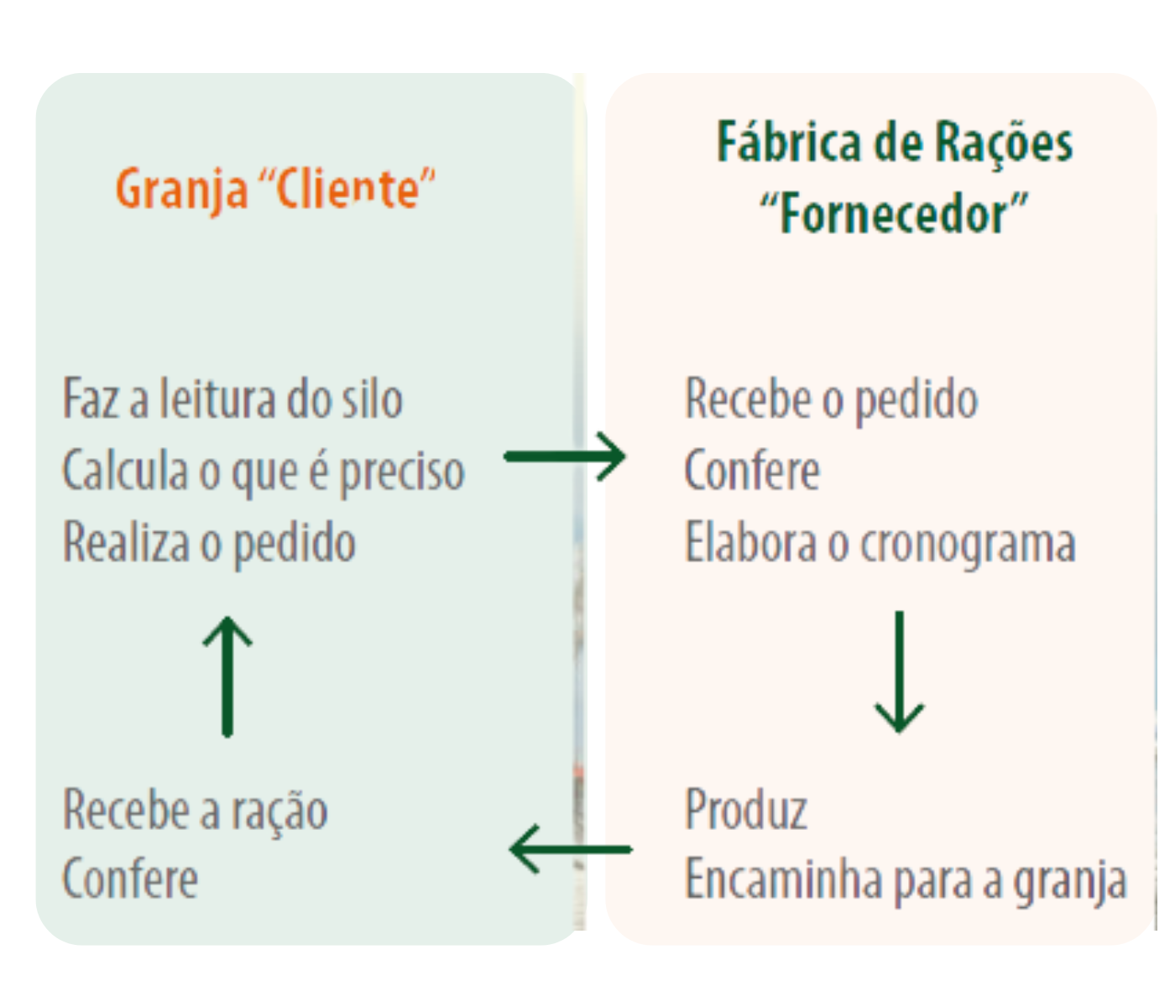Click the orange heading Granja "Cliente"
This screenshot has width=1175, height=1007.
tap(275, 190)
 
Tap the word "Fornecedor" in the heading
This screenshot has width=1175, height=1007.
tap(895, 213)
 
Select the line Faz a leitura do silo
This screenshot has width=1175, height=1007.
tap(232, 398)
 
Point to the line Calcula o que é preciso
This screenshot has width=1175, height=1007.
tap(264, 472)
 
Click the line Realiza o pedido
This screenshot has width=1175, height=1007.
tap(209, 543)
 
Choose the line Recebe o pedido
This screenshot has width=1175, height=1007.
tap(831, 399)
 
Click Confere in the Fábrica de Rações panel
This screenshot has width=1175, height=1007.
tap(752, 470)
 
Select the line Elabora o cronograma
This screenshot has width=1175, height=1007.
tap(880, 543)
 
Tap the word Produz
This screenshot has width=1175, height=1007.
tap(746, 809)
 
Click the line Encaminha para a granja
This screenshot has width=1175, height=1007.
tap(906, 881)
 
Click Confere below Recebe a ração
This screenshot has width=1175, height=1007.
tap(129, 879)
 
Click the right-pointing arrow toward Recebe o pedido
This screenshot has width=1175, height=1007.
tap(565, 457)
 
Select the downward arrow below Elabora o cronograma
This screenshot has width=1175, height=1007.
tap(899, 671)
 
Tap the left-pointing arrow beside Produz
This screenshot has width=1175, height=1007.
tap(571, 849)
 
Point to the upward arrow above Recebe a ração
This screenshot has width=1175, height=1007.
tap(227, 676)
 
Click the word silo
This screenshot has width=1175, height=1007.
tap(373, 398)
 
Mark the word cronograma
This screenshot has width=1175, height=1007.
tap(968, 545)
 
